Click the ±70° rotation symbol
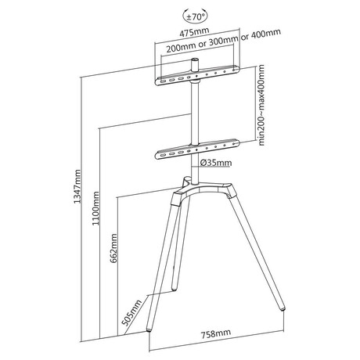click(x=196, y=16)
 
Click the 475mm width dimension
click(x=194, y=32)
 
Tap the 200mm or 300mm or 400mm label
click(x=224, y=41)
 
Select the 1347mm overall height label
click(x=77, y=186)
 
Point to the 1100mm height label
click(x=95, y=208)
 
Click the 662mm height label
click(x=113, y=248)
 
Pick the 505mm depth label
click(x=132, y=313)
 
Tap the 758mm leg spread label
click(x=215, y=333)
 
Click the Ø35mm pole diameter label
click(x=216, y=163)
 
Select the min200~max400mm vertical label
click(x=261, y=105)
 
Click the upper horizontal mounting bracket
click(x=197, y=75)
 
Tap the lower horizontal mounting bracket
click(x=197, y=149)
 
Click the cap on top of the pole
click(x=195, y=65)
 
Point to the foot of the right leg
click(x=283, y=308)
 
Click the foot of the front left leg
click(x=149, y=330)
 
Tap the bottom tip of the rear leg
click(x=174, y=289)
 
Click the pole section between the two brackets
click(x=195, y=113)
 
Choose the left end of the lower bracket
click(x=157, y=156)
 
